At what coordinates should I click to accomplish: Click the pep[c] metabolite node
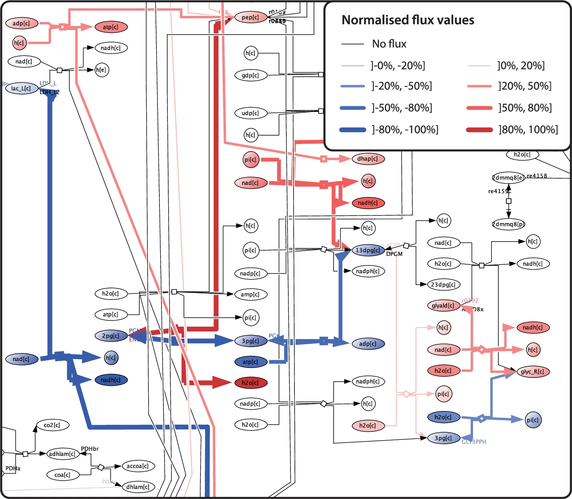coord(251,17)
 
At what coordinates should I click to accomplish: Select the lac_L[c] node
coord(22,88)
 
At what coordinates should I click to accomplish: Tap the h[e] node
coord(102,70)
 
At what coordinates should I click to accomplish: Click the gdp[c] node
coord(251,75)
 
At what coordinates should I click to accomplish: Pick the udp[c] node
coord(251,113)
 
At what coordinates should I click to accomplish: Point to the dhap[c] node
coord(368,159)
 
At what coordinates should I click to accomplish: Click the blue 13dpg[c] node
coord(368,250)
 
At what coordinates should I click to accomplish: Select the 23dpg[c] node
coord(443,285)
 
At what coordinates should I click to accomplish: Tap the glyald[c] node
coord(443,305)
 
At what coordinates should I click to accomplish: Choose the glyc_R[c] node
coord(532,371)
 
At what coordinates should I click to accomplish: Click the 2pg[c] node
coord(111,335)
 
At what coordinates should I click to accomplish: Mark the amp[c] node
coord(250,294)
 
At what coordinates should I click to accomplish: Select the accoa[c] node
coord(138,466)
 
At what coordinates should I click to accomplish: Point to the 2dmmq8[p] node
coord(509,224)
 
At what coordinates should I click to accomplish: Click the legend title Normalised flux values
coord(408,20)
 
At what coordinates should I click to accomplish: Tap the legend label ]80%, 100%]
coord(528,130)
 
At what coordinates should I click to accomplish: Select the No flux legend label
coord(389,44)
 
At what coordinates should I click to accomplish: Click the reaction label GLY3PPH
coord(474,442)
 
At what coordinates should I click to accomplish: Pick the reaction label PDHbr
coord(90,449)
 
